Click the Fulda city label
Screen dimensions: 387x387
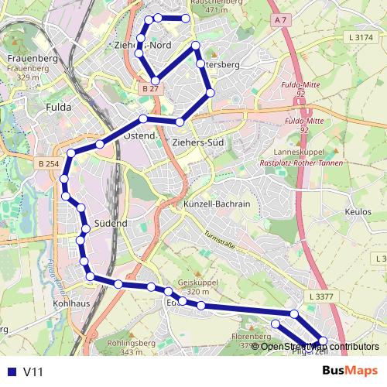(59, 107)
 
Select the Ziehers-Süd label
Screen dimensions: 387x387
(197, 143)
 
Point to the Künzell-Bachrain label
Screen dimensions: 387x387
(217, 204)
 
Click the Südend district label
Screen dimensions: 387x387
(110, 223)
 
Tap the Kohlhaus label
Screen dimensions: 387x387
(70, 303)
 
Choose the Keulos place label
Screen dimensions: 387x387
(360, 211)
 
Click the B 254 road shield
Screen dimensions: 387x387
(48, 163)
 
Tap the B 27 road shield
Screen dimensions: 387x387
(150, 89)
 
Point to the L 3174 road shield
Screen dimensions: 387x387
(361, 37)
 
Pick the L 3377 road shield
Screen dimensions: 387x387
(320, 296)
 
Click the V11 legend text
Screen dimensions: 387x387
(33, 372)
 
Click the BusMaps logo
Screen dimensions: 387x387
(350, 372)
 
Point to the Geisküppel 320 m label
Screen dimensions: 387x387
(193, 287)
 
